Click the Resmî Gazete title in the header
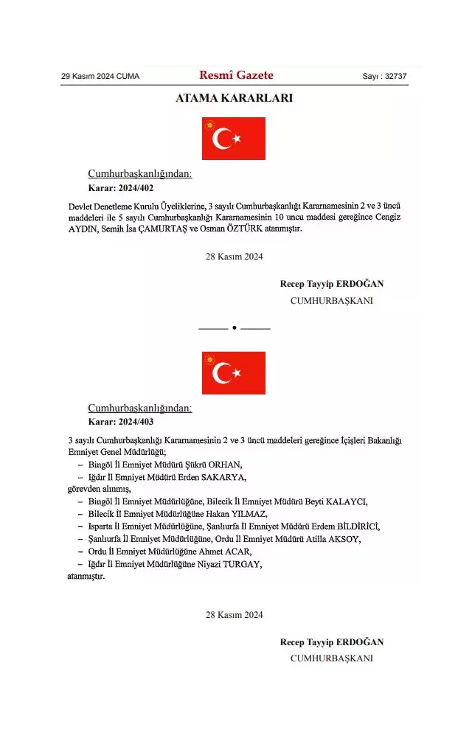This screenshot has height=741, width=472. [x=236, y=75]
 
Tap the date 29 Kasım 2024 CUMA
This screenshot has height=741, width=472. [x=100, y=77]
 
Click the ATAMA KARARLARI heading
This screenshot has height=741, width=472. [x=234, y=99]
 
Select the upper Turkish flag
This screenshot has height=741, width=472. [x=234, y=139]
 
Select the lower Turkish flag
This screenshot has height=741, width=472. [x=234, y=372]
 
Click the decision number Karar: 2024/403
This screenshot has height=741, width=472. [x=120, y=422]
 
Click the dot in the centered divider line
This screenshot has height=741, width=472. [x=234, y=327]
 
